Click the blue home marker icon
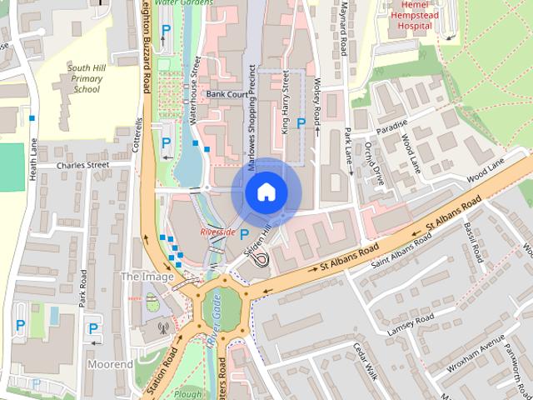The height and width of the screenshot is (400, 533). (265, 192)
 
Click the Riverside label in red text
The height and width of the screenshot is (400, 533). (218, 231)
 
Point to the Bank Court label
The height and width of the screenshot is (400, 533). (227, 95)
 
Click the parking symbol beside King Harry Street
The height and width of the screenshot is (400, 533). (301, 123)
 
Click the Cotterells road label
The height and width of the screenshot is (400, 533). (138, 137)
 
